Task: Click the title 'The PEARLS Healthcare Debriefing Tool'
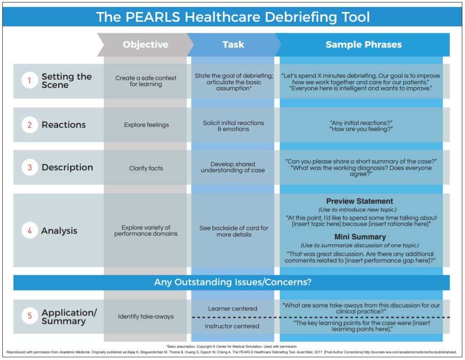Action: [233, 17]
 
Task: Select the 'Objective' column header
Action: [145, 45]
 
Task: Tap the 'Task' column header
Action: [233, 45]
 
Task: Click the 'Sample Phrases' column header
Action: [364, 45]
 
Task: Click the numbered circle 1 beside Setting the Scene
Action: [30, 81]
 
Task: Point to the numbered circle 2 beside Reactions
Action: [30, 125]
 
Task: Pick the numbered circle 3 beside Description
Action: [30, 168]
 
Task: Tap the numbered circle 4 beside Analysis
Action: [30, 230]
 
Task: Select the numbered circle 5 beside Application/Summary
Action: [30, 317]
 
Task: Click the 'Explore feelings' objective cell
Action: [146, 125]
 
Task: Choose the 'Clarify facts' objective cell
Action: [146, 168]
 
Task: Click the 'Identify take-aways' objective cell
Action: [146, 317]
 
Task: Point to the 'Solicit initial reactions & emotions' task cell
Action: [233, 126]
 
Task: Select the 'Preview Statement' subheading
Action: [359, 201]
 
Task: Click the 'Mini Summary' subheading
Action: [359, 237]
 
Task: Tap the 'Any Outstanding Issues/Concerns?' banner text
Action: [232, 282]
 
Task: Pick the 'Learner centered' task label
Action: [232, 309]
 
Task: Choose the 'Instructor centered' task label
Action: [232, 326]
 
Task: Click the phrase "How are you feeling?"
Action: [361, 130]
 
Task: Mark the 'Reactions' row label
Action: [63, 125]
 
